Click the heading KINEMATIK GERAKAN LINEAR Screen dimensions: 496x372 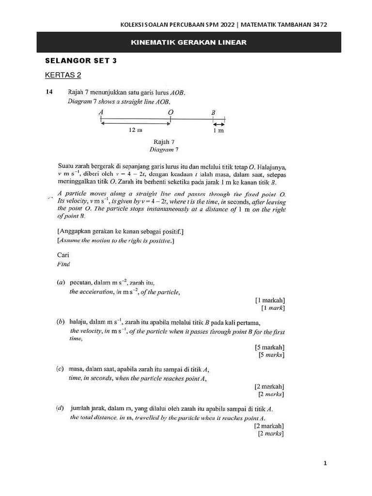tap(189, 43)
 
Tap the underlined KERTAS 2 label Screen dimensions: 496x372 tap(63, 75)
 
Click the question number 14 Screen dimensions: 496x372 tap(49, 92)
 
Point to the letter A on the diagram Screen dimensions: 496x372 tap(101, 112)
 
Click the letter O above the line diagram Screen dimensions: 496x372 tap(170, 112)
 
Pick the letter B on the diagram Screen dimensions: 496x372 tap(213, 112)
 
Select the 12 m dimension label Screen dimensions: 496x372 tap(136, 130)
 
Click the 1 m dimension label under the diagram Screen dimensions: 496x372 tap(218, 131)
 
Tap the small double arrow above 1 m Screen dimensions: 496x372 tap(219, 124)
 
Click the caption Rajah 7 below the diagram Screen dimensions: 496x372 tap(164, 141)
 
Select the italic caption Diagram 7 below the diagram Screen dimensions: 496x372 tap(164, 150)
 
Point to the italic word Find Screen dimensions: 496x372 tap(63, 264)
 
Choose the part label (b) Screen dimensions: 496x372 tap(61, 322)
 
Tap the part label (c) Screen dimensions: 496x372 tap(61, 369)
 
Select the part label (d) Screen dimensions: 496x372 tap(61, 408)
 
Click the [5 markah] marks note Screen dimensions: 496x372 tap(269, 347)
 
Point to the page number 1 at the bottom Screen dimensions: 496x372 tap(325, 464)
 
